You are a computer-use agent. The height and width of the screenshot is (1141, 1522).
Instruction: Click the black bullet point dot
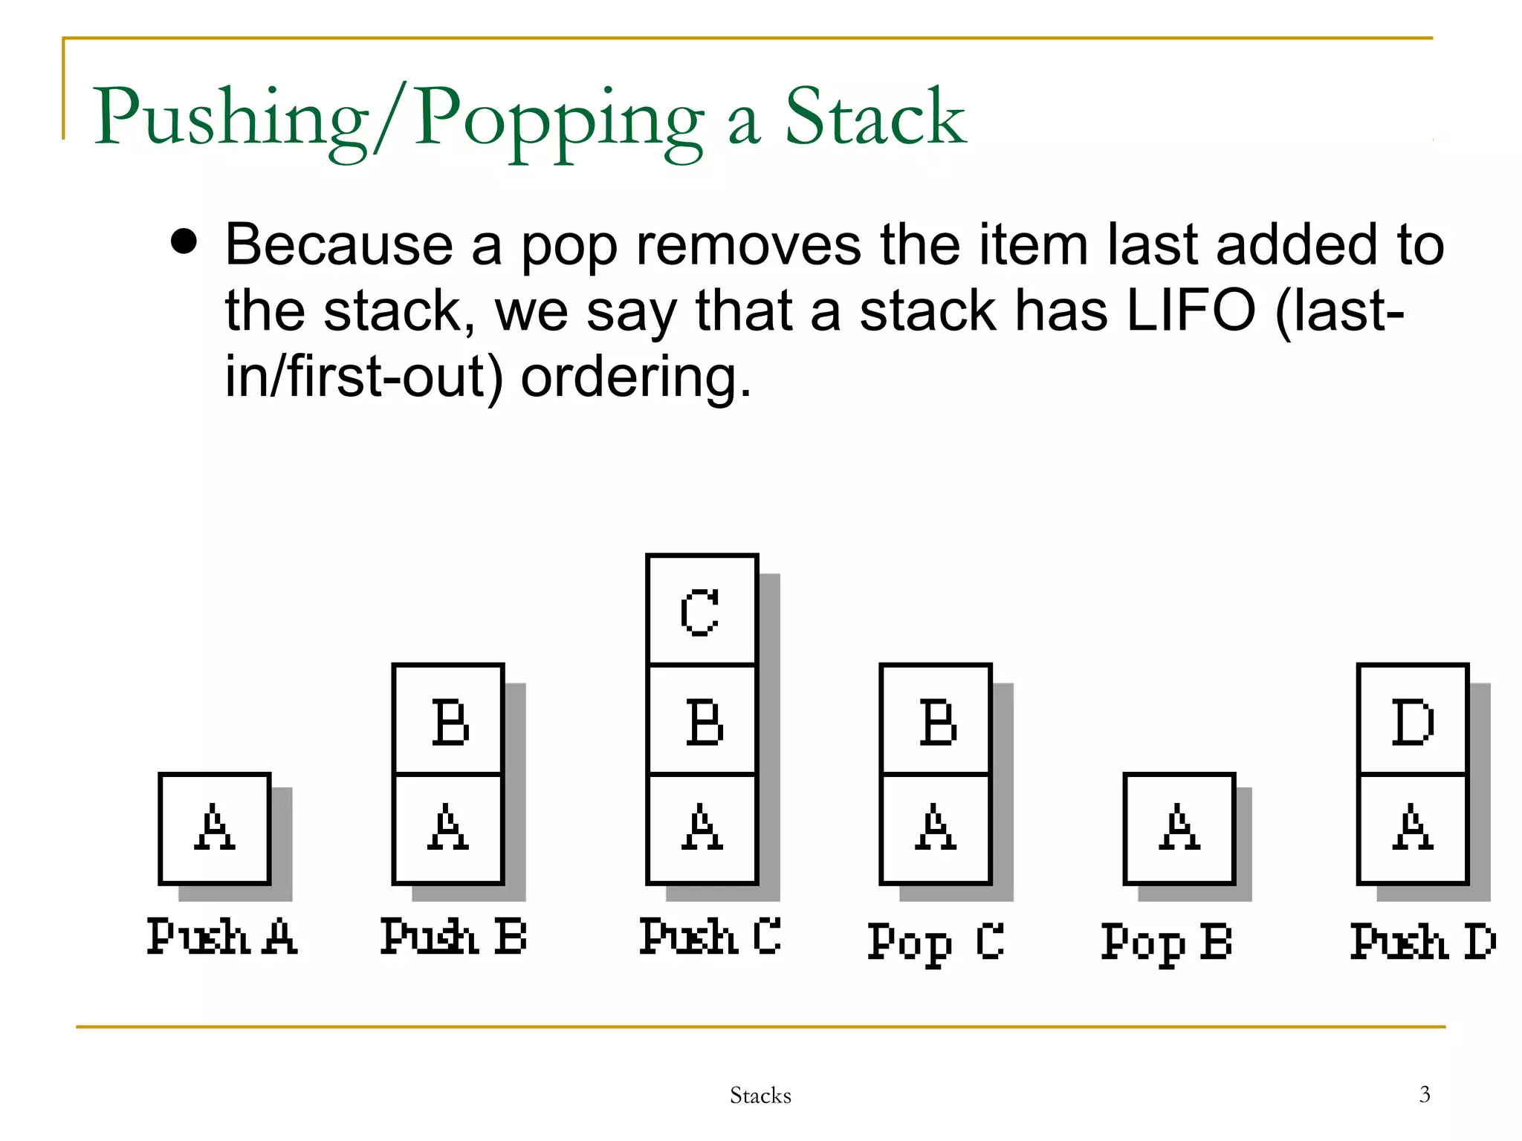[x=184, y=241]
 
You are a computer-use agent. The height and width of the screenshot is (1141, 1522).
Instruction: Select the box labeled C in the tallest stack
[x=702, y=610]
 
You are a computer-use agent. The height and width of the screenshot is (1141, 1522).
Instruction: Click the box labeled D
[x=1412, y=720]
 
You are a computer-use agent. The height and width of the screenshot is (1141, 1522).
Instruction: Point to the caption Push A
[x=221, y=937]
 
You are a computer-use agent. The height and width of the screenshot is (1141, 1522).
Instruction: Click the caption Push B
[x=453, y=937]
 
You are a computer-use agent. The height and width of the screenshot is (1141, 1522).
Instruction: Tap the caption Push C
[x=710, y=937]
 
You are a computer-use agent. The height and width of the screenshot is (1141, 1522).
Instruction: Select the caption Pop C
[x=936, y=942]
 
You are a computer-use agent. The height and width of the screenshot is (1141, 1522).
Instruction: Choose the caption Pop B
[x=1166, y=942]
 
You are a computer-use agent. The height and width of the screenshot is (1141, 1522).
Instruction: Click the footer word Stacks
[x=760, y=1096]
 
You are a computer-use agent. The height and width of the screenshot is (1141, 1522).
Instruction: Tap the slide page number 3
[x=1425, y=1094]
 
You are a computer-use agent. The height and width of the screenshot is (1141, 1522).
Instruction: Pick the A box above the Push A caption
[x=214, y=828]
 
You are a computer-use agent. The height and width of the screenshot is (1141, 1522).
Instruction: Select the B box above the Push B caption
[x=448, y=720]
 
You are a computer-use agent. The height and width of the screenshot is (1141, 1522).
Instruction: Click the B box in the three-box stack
[x=702, y=720]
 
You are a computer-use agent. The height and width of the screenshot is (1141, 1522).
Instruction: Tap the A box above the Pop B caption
[x=1179, y=828]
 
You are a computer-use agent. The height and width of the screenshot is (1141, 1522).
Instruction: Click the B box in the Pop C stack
[x=936, y=720]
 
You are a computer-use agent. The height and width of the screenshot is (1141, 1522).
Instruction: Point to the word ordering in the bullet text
[x=635, y=377]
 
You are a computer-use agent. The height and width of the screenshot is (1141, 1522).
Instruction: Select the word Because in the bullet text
[x=339, y=245]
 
